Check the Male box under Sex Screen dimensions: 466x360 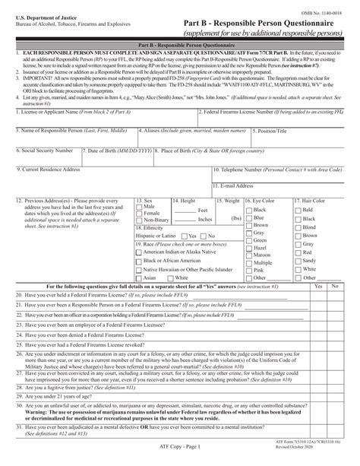tap(137, 207)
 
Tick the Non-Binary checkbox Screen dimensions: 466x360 tap(137, 220)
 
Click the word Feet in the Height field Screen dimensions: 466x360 tap(203, 210)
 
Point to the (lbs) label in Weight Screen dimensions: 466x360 tap(235, 218)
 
